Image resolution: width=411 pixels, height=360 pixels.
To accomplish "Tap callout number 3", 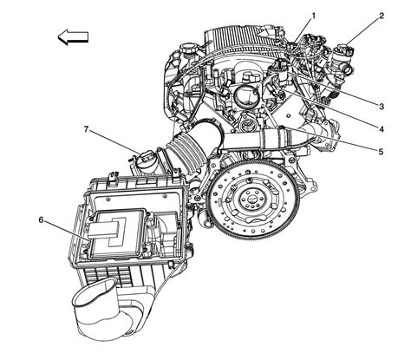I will (x=381, y=105).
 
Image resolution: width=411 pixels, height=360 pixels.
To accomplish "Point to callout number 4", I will (x=381, y=128).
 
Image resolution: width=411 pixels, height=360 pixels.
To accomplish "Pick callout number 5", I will (x=381, y=151).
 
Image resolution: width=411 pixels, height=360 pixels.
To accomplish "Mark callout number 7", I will (x=87, y=130).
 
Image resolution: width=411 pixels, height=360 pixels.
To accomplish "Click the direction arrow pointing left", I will (x=73, y=36).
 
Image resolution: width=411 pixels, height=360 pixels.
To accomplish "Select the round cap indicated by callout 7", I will (x=145, y=161).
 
